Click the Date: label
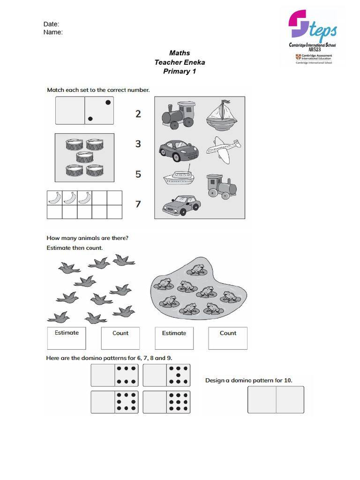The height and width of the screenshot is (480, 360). pos(51,24)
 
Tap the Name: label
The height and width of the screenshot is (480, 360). pos(53,32)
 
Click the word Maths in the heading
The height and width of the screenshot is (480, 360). pos(180,53)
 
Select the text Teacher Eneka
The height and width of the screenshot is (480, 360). pos(180,62)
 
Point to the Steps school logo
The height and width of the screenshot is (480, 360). pos(313,37)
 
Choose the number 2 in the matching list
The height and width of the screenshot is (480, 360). pos(138,113)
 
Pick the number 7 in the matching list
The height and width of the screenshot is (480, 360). pos(138,204)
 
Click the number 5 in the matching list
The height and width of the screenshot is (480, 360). pos(138,174)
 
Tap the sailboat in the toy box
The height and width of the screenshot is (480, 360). pos(221,114)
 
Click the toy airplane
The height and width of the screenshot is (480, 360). pos(224,150)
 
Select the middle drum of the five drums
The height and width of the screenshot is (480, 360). pos(84,157)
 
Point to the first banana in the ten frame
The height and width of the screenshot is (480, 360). pos(54,198)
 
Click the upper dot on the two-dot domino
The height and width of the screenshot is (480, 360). pos(108,102)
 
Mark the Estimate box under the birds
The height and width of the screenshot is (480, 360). pos(67,338)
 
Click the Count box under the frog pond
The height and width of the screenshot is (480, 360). pos(228,338)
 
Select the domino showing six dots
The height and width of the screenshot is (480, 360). pos(115,375)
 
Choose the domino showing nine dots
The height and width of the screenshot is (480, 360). pos(166,402)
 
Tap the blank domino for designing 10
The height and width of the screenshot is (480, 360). pos(276,399)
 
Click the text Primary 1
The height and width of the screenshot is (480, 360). pos(180,71)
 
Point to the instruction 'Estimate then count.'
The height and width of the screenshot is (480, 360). pos(75,247)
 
